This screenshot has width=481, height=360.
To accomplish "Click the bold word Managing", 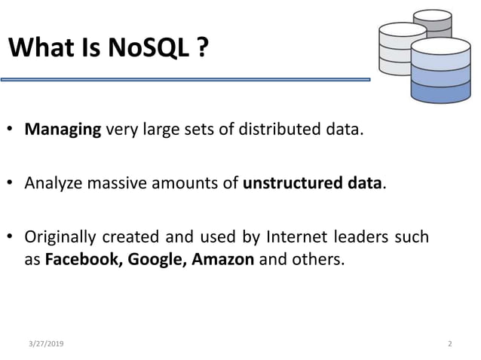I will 63,130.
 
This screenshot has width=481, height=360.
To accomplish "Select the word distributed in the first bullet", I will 279,130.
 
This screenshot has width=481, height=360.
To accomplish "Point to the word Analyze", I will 53,183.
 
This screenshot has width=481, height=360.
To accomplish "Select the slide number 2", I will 449,343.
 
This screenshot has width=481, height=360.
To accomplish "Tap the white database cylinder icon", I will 402,49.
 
